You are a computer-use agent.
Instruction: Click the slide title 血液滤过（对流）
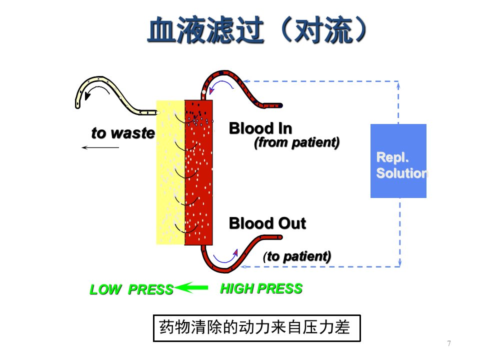click(x=256, y=30)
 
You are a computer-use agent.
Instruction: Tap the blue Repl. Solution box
click(x=398, y=161)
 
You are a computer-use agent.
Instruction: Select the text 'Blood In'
click(x=260, y=128)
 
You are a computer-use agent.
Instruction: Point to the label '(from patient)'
click(x=296, y=142)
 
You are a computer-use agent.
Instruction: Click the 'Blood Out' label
click(x=267, y=223)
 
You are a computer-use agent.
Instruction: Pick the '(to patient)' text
click(x=297, y=256)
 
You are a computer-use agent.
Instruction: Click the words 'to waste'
click(x=123, y=133)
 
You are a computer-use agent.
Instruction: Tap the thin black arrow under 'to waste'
click(x=100, y=148)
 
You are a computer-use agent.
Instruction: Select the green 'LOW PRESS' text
click(x=131, y=289)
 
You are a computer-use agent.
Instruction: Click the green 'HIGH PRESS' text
click(x=261, y=288)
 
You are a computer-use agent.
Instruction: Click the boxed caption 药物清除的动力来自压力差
click(x=257, y=328)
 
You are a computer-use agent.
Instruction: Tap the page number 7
click(x=449, y=343)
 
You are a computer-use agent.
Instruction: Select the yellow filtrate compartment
click(x=170, y=172)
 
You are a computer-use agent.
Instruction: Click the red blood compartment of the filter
click(x=198, y=172)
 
